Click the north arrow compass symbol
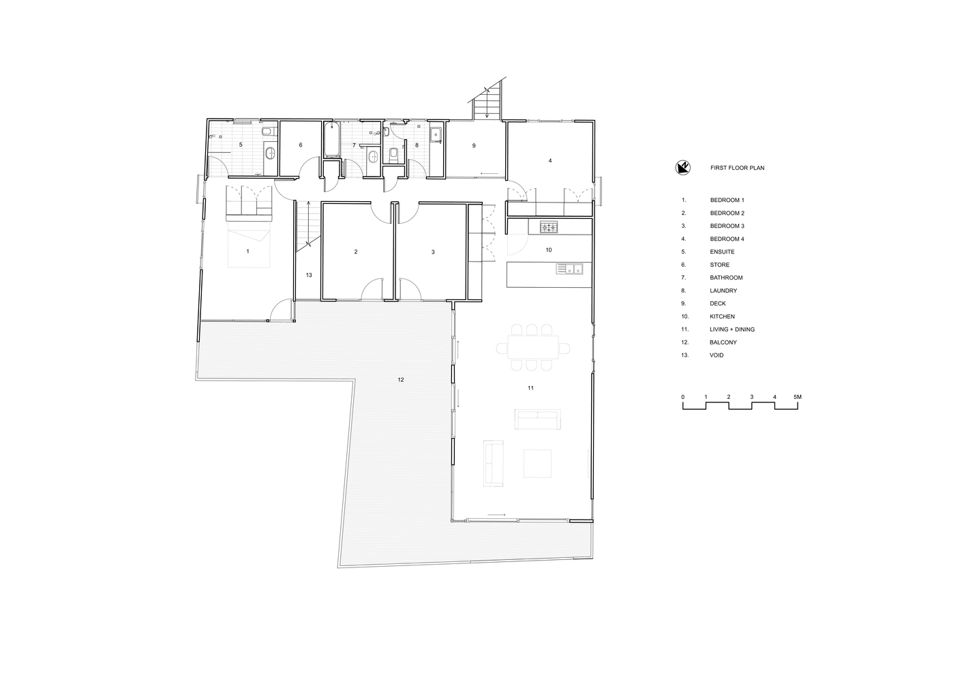[x=682, y=167]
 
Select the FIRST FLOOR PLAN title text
[x=737, y=168]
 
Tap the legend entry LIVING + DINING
[x=732, y=329]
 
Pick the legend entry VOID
[x=717, y=355]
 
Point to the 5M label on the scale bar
[x=798, y=397]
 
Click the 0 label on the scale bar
[x=682, y=397]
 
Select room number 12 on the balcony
[x=401, y=379]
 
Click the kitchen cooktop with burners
[x=549, y=226]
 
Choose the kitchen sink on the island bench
[x=569, y=269]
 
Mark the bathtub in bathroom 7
[x=332, y=139]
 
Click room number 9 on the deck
[x=474, y=145]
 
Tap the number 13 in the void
[x=309, y=275]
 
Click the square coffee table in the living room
[x=537, y=463]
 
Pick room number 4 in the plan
[x=550, y=160]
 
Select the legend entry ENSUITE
[x=722, y=252]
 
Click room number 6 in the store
[x=301, y=145]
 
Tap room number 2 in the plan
[x=356, y=252]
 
